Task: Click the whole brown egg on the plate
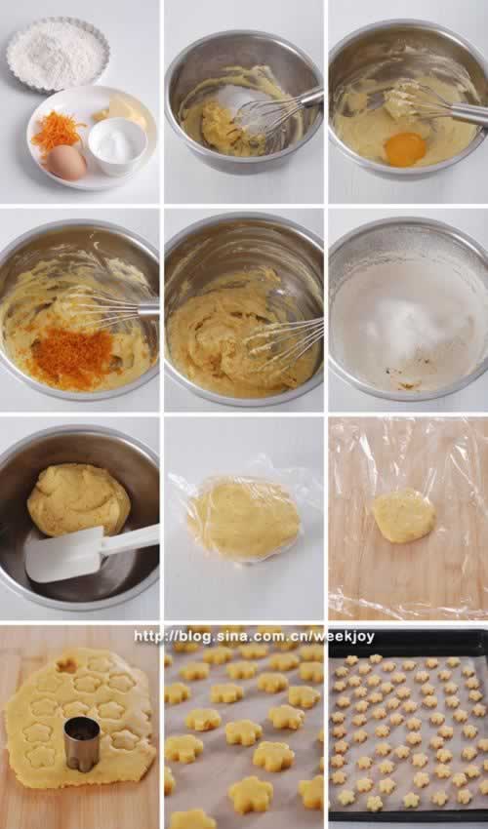(66, 162)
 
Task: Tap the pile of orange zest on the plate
(55, 130)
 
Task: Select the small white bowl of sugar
(117, 145)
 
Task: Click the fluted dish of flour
(59, 54)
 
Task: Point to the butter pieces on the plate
(123, 111)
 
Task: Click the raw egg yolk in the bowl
(405, 148)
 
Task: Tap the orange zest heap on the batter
(71, 355)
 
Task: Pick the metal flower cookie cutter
(82, 744)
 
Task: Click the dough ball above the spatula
(78, 499)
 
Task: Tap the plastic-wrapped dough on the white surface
(243, 518)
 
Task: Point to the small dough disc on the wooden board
(404, 515)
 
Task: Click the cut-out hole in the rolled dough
(67, 665)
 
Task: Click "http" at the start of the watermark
(146, 637)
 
